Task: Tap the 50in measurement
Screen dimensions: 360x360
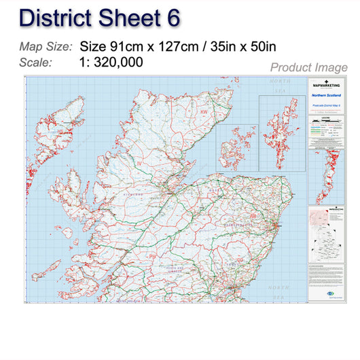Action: coord(262,47)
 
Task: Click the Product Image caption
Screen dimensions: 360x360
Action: coord(308,67)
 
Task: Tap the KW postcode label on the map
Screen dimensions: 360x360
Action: coord(203,112)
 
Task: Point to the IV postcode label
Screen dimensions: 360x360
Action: coord(139,164)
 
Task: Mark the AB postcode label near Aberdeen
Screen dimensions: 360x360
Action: coord(253,216)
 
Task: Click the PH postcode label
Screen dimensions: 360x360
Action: coord(153,256)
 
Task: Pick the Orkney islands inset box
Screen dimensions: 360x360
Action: coord(237,143)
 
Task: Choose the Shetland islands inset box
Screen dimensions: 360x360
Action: coord(281,132)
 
